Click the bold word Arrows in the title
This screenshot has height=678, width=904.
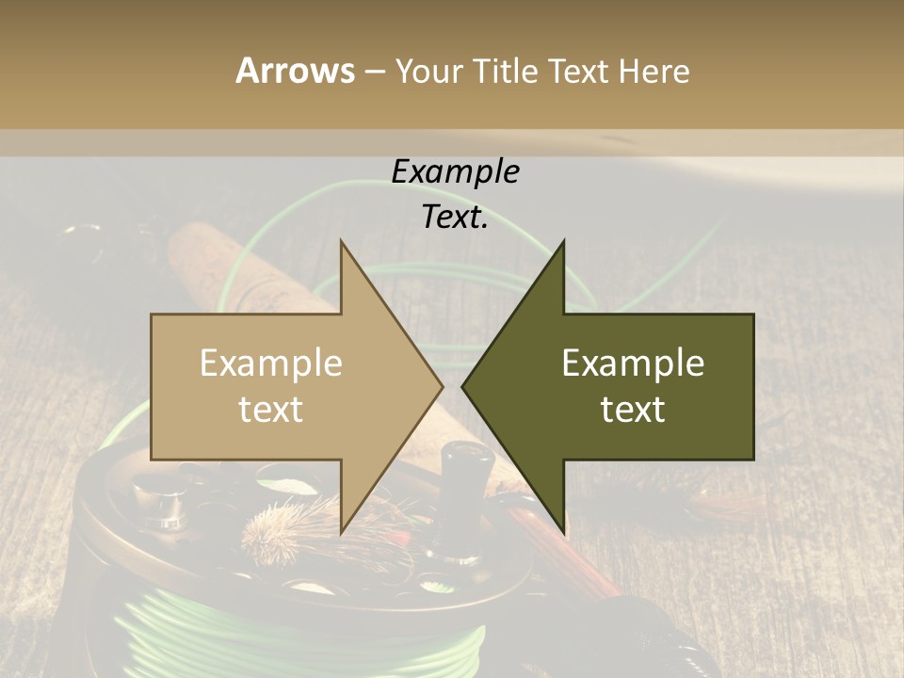click(x=295, y=71)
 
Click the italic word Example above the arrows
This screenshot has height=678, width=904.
click(x=455, y=171)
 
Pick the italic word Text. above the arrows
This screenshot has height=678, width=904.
click(x=455, y=217)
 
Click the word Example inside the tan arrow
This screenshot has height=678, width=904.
click(x=270, y=363)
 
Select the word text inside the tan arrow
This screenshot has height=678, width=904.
click(x=270, y=409)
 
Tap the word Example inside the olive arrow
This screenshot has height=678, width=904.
click(x=633, y=363)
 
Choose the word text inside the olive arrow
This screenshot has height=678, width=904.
click(x=633, y=409)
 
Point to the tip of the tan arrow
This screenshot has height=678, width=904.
click(x=442, y=386)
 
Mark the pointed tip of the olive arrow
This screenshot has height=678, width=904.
click(x=462, y=386)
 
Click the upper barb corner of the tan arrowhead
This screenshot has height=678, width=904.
click(x=341, y=241)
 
